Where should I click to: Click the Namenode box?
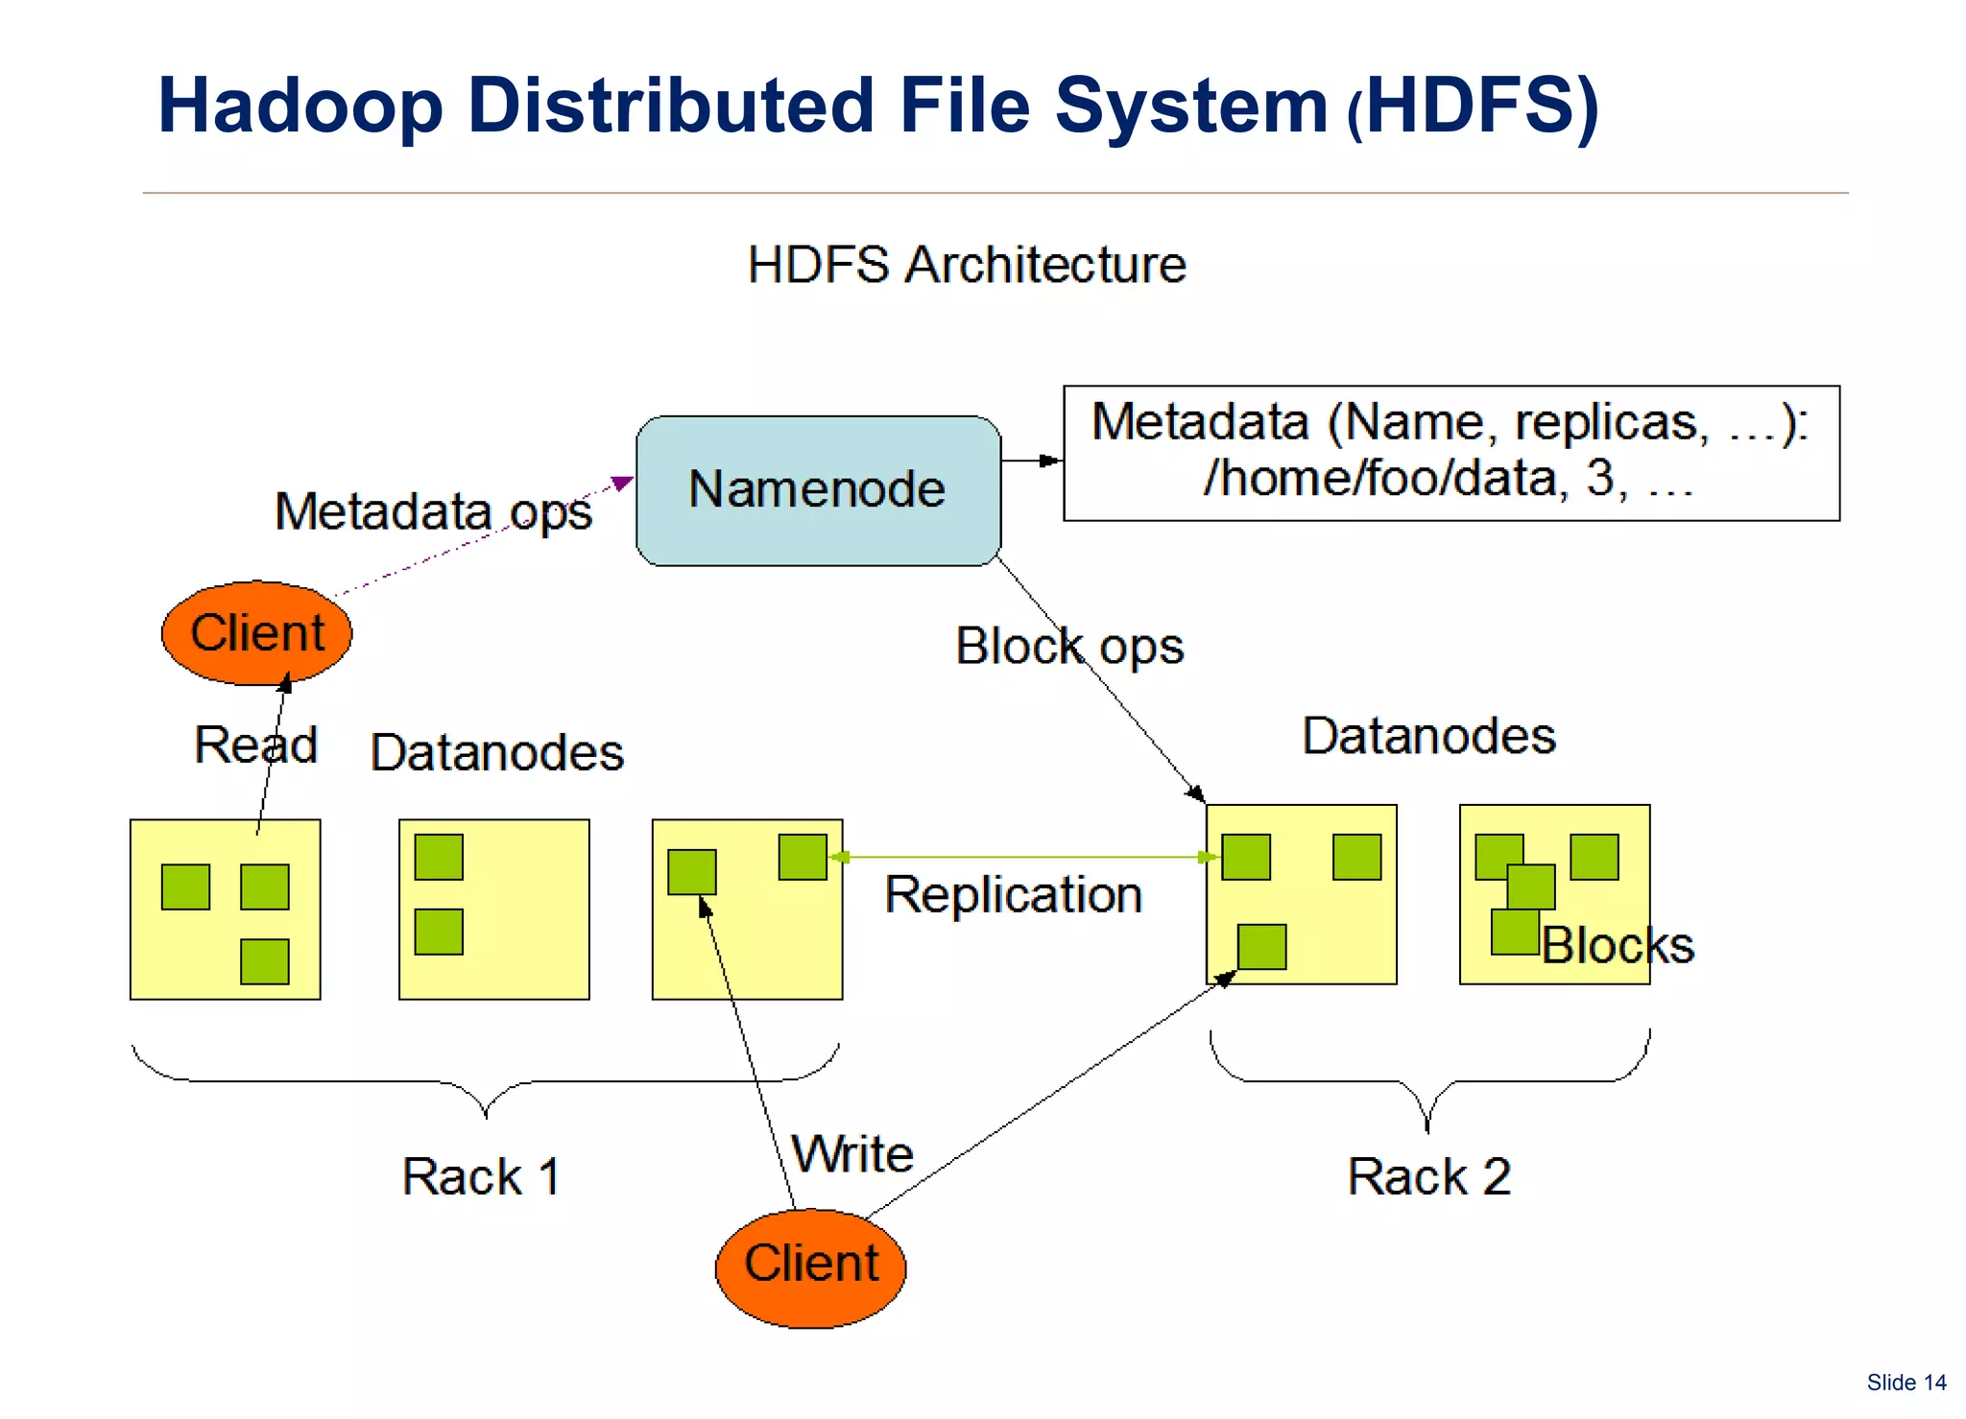coord(818,490)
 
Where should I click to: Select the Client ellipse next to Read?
coord(256,633)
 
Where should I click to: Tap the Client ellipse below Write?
coord(810,1267)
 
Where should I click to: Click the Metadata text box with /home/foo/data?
coord(1451,453)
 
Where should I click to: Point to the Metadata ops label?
coord(433,511)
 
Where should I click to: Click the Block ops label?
coord(1068,646)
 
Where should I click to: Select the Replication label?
coord(1013,895)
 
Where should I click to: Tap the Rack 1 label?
coord(481,1176)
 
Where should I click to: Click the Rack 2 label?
coord(1428,1176)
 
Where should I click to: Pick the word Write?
coord(851,1153)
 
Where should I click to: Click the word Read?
coord(255,745)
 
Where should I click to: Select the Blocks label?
coord(1618,945)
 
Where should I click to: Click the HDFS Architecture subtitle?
coord(966,265)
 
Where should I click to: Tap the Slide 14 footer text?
coord(1906,1383)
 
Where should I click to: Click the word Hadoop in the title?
coord(300,106)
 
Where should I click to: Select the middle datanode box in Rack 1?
coord(493,909)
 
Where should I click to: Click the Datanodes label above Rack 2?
coord(1427,736)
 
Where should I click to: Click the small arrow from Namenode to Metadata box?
coord(1032,461)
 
